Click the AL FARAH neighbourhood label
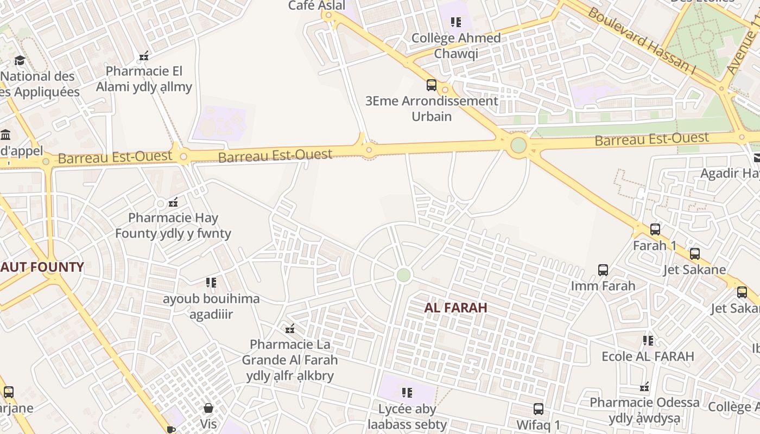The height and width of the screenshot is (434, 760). (455, 308)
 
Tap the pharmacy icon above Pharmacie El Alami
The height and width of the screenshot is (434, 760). (144, 56)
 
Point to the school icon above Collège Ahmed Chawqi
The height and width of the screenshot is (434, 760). (455, 22)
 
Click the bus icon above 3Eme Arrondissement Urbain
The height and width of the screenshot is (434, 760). (432, 85)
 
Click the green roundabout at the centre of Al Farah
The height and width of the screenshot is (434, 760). (403, 275)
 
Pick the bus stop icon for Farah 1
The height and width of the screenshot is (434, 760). (655, 229)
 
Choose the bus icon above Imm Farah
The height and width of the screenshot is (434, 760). (603, 270)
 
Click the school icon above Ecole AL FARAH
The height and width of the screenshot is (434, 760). (648, 341)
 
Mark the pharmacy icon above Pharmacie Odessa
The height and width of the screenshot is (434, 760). (644, 387)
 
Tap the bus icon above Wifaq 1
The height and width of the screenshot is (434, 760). (538, 409)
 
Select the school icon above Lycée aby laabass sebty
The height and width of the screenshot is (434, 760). (407, 393)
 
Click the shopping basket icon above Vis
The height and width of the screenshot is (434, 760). (208, 408)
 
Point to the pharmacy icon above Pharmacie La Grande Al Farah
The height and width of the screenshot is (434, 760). (290, 329)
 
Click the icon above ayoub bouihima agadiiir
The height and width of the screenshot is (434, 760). (211, 283)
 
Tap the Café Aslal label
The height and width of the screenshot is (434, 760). (316, 5)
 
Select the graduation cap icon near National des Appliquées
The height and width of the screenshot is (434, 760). (20, 60)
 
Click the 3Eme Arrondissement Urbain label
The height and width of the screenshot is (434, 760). (432, 108)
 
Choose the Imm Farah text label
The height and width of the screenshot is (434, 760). (603, 286)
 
